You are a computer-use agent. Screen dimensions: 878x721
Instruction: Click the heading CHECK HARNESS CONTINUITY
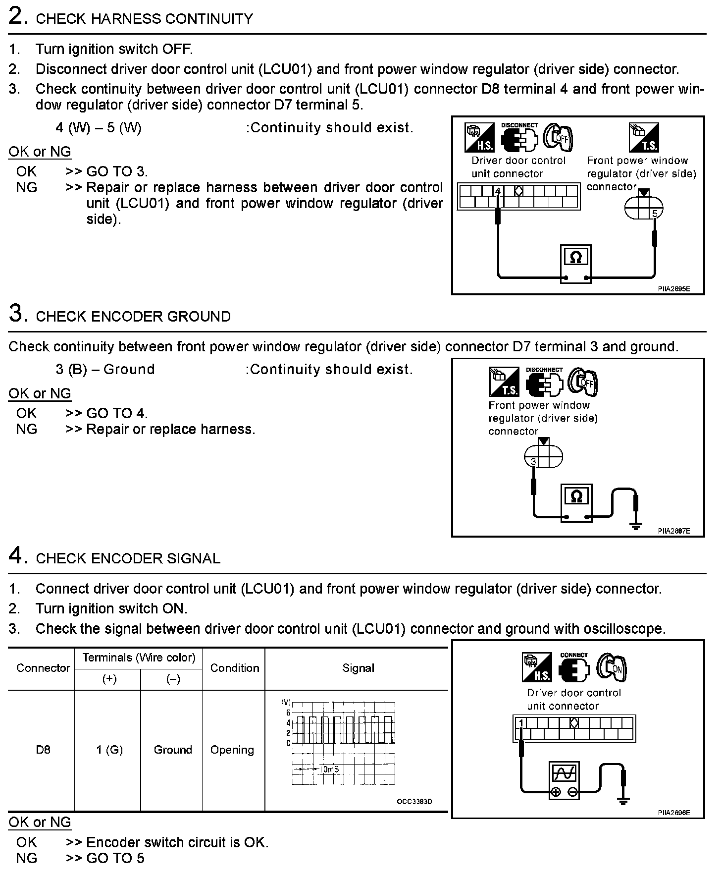pos(144,19)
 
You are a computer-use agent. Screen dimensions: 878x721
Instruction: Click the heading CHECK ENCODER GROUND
pos(133,317)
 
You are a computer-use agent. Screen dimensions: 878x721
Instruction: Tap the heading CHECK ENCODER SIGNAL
pos(128,558)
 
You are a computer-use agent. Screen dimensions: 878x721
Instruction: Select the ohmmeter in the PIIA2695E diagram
pos(575,263)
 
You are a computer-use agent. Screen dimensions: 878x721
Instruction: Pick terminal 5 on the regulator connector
pos(655,214)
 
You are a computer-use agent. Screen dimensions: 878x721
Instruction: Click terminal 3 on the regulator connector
pos(533,462)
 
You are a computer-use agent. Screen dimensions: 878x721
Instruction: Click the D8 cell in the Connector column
pos(43,750)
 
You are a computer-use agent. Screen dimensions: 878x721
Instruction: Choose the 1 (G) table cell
pos(109,750)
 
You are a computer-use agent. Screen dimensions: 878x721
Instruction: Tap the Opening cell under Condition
pos(232,750)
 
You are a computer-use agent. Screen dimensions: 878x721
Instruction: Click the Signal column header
pos(358,668)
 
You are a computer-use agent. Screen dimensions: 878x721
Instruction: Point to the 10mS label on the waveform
pos(329,769)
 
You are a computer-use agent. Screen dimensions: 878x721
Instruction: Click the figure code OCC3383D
pos(414,802)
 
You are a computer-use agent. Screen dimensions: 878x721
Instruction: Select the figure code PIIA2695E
pos(673,288)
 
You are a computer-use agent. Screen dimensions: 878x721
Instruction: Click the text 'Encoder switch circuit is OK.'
pos(177,842)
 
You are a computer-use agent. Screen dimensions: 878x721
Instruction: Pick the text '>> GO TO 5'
pos(105,858)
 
